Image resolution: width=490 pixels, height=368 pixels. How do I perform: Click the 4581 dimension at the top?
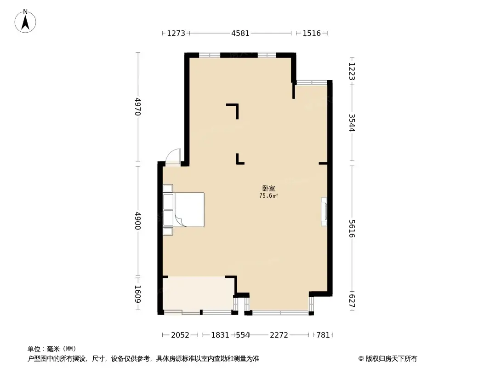(x=240, y=33)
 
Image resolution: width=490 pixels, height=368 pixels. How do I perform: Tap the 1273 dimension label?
(x=176, y=33)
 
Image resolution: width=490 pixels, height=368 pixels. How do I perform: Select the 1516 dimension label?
(x=312, y=33)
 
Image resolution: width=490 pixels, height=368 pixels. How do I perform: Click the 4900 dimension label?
(x=137, y=221)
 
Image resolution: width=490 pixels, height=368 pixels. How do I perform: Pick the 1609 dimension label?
(x=137, y=294)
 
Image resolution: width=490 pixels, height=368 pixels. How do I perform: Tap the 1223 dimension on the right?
(x=352, y=71)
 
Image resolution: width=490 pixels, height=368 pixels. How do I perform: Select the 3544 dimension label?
(x=352, y=122)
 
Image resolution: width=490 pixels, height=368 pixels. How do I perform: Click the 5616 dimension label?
(x=352, y=228)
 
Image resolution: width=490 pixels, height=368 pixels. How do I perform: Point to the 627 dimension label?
(x=352, y=301)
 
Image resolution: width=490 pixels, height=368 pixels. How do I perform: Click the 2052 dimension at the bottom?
(x=180, y=335)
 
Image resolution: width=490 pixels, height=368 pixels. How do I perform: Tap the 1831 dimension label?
(x=220, y=335)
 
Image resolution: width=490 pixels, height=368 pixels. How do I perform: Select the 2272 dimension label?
(x=279, y=335)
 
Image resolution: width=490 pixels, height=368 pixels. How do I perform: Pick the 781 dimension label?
(x=323, y=335)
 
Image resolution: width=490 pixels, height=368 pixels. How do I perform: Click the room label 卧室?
(x=268, y=189)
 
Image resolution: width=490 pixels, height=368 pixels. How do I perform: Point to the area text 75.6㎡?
(x=268, y=196)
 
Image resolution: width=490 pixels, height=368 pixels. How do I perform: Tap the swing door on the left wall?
(x=173, y=157)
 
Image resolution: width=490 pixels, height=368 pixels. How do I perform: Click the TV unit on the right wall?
(x=324, y=212)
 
